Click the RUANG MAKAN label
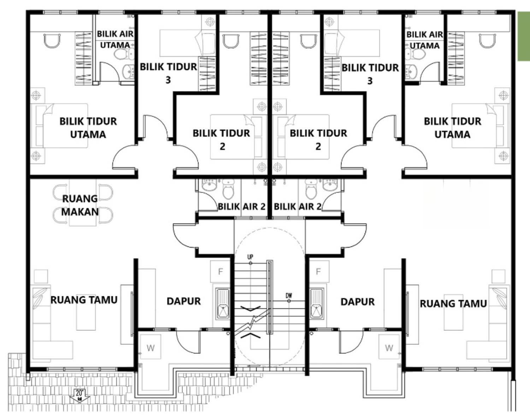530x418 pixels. (x=80, y=205)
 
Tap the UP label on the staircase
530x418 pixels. (x=250, y=257)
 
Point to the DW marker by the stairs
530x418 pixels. (x=289, y=295)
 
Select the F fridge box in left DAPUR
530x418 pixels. (x=220, y=271)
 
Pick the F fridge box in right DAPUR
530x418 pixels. (x=319, y=271)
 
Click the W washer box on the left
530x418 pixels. (x=151, y=348)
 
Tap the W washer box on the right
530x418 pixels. (x=389, y=348)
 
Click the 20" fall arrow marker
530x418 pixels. (x=79, y=396)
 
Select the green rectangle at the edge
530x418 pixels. (x=524, y=36)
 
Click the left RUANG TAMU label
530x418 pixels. (x=84, y=300)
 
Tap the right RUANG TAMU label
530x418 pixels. (x=453, y=304)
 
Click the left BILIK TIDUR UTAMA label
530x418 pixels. (x=88, y=128)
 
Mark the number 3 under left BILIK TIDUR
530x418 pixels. (x=168, y=80)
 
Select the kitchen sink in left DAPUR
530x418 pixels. (x=223, y=304)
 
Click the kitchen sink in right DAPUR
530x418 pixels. (x=317, y=304)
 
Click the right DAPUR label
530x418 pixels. (x=358, y=302)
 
